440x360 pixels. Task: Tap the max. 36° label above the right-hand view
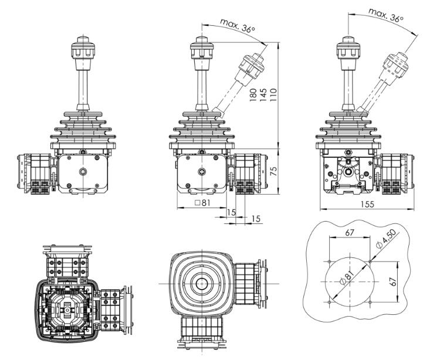[386, 15]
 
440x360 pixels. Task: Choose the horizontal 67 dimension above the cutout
[350, 233]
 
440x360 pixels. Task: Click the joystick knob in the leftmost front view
[83, 47]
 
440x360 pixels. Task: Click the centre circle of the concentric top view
[201, 283]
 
